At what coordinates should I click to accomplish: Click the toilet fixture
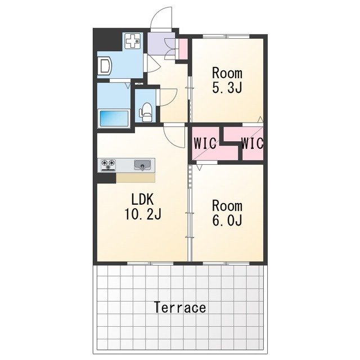click(146, 112)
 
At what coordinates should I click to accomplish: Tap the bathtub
click(114, 119)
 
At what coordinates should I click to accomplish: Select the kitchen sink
click(142, 165)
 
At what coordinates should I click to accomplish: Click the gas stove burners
click(108, 165)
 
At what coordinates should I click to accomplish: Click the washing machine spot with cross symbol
click(133, 41)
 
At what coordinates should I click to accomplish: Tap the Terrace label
click(180, 308)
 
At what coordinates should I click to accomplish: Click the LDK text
click(142, 199)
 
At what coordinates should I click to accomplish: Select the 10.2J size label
click(143, 214)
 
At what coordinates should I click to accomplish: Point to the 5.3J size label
click(227, 88)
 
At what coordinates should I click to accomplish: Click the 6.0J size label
click(227, 220)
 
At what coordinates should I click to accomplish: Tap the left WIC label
click(205, 143)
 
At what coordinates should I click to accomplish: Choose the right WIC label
click(252, 143)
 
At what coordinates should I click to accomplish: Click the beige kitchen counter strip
click(136, 178)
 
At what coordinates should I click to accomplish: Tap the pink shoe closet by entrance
click(183, 49)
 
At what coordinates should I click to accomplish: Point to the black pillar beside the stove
click(106, 178)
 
